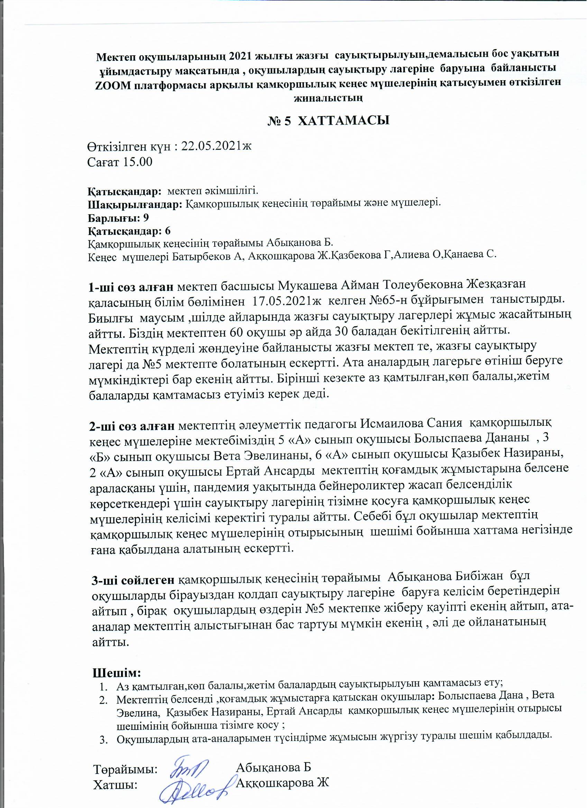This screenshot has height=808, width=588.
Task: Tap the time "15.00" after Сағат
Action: pyautogui.click(x=138, y=162)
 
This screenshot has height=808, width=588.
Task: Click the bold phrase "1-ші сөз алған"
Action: pyautogui.click(x=131, y=286)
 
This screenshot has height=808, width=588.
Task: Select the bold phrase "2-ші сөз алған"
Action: pyautogui.click(x=131, y=425)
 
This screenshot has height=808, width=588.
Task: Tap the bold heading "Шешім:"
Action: pyautogui.click(x=117, y=673)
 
